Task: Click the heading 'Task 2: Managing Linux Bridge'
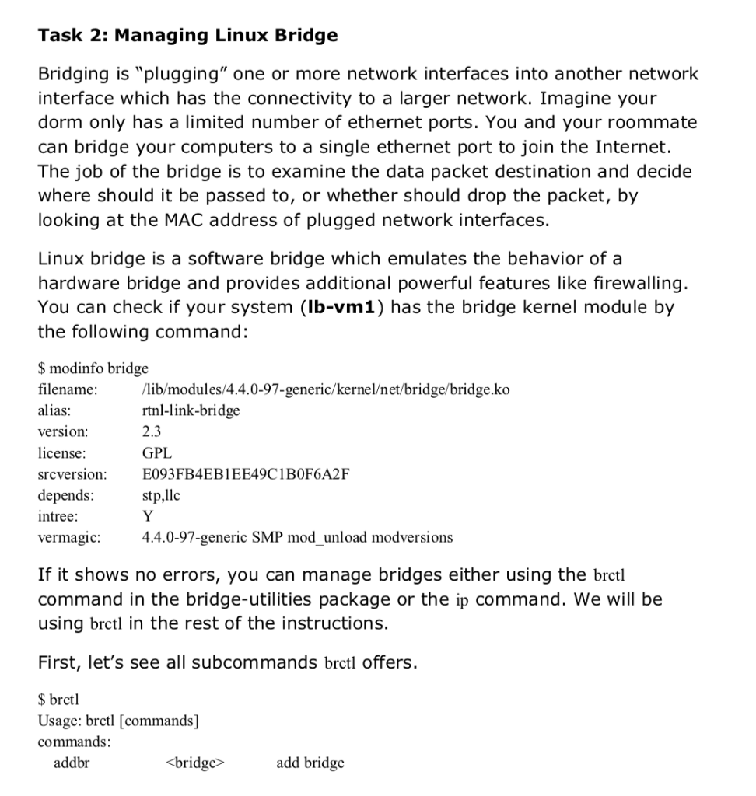tap(187, 35)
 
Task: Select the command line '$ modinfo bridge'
tap(93, 368)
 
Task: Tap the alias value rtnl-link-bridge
tap(191, 410)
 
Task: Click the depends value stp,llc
tap(161, 494)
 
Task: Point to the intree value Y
tap(148, 515)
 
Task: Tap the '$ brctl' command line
tap(59, 700)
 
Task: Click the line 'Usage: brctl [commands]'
tap(118, 721)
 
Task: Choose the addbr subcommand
tap(72, 763)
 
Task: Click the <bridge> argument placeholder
tap(195, 763)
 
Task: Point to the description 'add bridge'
tap(310, 763)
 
